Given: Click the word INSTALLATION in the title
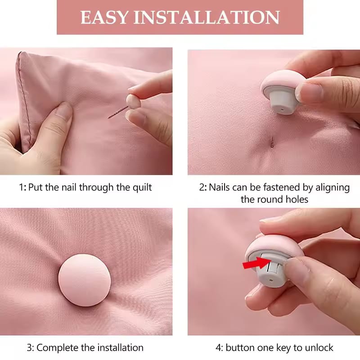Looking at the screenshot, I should coord(206,17).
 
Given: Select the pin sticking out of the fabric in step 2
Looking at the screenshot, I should coord(272,142).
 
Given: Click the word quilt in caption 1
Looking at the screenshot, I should coord(140,187).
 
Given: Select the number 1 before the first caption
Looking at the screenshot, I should coord(21,187).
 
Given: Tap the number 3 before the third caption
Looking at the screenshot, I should coord(29,347).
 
